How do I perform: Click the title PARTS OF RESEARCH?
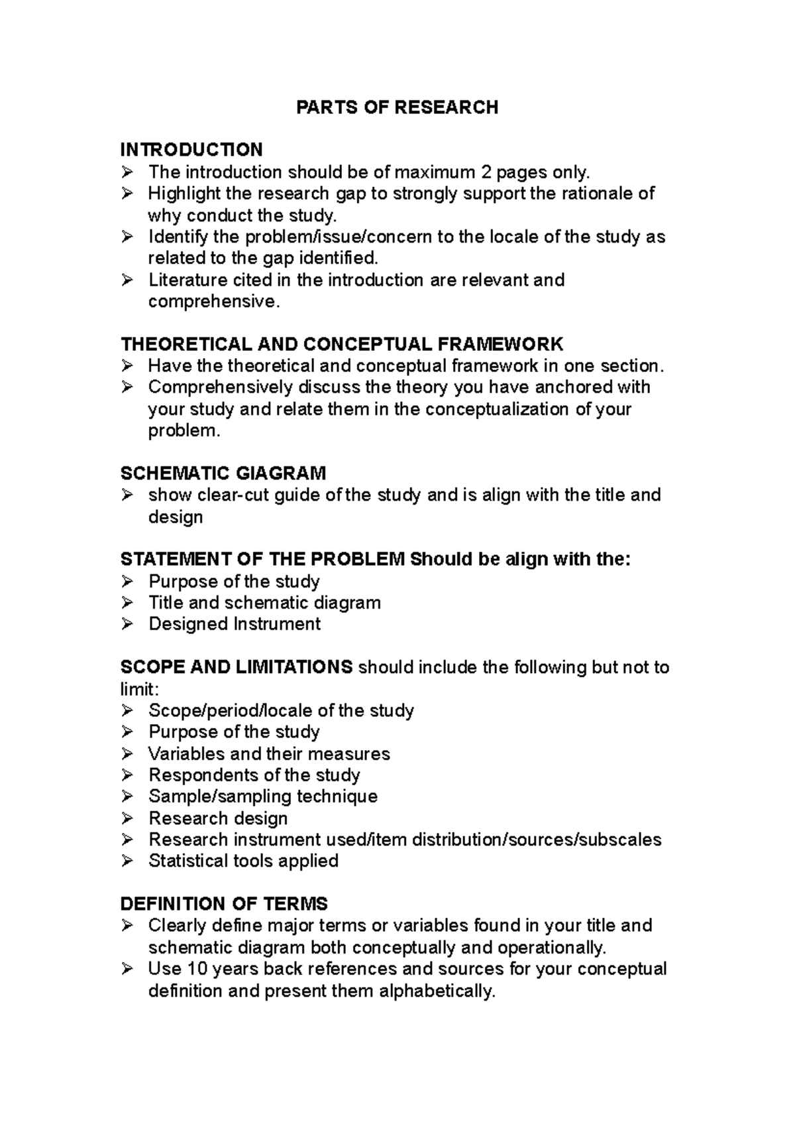[x=397, y=107]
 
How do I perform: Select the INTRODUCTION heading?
[x=191, y=149]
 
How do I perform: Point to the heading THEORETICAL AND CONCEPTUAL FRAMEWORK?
[x=342, y=344]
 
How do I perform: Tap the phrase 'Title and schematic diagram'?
[x=264, y=603]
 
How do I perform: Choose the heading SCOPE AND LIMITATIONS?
[x=237, y=667]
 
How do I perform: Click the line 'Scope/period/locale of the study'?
[x=281, y=711]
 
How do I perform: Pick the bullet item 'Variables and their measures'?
[x=269, y=754]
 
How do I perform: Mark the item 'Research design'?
[x=218, y=818]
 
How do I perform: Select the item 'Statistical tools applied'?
[x=243, y=861]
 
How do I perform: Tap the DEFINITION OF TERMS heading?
[x=224, y=904]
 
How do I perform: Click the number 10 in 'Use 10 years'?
[x=197, y=969]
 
